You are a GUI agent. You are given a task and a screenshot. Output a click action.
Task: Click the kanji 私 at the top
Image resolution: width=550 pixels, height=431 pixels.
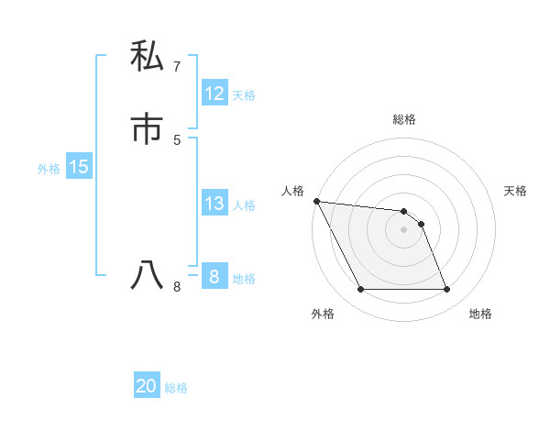pyautogui.click(x=147, y=56)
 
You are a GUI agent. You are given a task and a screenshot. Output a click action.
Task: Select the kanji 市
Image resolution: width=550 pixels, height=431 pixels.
pyautogui.click(x=147, y=129)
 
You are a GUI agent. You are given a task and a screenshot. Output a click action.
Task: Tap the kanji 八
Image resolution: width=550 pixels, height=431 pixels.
pyautogui.click(x=147, y=275)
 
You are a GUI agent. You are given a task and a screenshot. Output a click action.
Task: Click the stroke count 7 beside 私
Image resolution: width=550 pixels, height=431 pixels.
pyautogui.click(x=176, y=66)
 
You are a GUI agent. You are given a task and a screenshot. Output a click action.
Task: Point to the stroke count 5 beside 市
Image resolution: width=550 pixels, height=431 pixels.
pyautogui.click(x=176, y=139)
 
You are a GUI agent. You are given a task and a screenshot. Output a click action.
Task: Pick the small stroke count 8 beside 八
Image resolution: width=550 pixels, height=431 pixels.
pyautogui.click(x=176, y=287)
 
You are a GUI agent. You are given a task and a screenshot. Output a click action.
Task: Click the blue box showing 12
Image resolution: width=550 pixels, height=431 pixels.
pyautogui.click(x=214, y=94)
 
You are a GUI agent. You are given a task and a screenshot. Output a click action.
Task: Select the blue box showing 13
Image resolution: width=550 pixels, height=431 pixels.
pyautogui.click(x=214, y=204)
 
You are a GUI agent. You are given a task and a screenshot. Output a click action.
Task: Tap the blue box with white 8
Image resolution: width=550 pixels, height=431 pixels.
pyautogui.click(x=214, y=276)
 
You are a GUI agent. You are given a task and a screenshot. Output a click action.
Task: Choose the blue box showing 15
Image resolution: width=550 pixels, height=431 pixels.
pyautogui.click(x=79, y=167)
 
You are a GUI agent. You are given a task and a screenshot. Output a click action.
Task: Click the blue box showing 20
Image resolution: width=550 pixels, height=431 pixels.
pyautogui.click(x=147, y=386)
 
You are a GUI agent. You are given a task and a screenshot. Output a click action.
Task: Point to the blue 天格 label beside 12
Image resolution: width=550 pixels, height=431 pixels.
pyautogui.click(x=244, y=95)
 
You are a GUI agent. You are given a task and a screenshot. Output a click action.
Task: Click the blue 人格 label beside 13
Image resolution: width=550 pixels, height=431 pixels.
pyautogui.click(x=244, y=205)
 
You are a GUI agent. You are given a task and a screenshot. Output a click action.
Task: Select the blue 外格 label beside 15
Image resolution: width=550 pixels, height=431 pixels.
pyautogui.click(x=49, y=169)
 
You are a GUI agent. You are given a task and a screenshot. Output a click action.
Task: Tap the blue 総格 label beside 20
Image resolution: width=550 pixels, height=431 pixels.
pyautogui.click(x=176, y=388)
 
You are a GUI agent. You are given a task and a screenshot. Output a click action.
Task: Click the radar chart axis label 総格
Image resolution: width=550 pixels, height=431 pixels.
pyautogui.click(x=404, y=119)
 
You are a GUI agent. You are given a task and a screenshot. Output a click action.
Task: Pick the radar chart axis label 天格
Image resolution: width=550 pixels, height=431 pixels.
pyautogui.click(x=516, y=191)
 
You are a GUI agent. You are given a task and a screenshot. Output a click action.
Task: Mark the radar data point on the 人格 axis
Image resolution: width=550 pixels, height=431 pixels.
pyautogui.click(x=316, y=201)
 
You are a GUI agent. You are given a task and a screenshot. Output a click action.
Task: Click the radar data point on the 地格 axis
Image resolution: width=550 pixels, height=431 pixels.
pyautogui.click(x=447, y=290)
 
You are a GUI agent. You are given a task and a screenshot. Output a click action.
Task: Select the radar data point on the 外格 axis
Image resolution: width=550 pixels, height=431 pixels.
pyautogui.click(x=360, y=290)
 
